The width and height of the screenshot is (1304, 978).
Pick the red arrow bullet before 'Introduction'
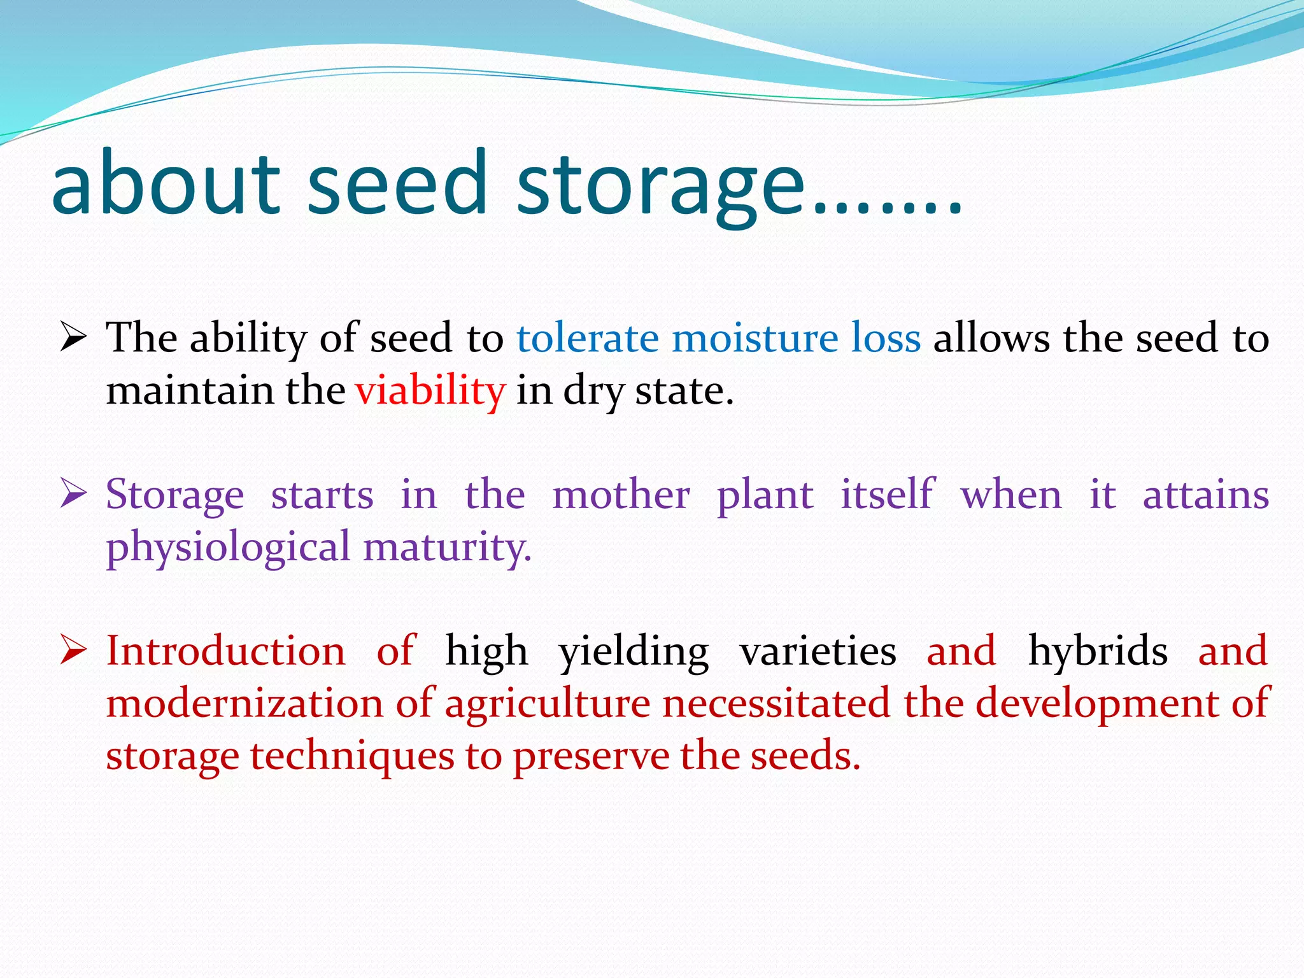[x=73, y=650]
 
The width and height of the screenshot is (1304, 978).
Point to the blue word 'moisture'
[x=755, y=338]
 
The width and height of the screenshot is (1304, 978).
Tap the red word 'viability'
[x=430, y=390]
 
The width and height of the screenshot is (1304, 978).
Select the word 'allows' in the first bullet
[x=991, y=338]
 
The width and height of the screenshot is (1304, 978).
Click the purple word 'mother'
[x=621, y=495]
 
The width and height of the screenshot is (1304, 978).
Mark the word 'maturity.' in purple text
[x=447, y=548]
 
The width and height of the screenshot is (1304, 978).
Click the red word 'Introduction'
[x=225, y=651]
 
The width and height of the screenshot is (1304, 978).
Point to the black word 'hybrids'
[x=1098, y=651]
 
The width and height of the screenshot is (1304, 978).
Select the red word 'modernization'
[x=244, y=704]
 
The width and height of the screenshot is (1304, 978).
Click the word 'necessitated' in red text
[x=776, y=704]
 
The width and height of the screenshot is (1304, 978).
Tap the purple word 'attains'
[x=1205, y=495]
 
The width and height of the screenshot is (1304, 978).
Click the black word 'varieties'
[x=818, y=651]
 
